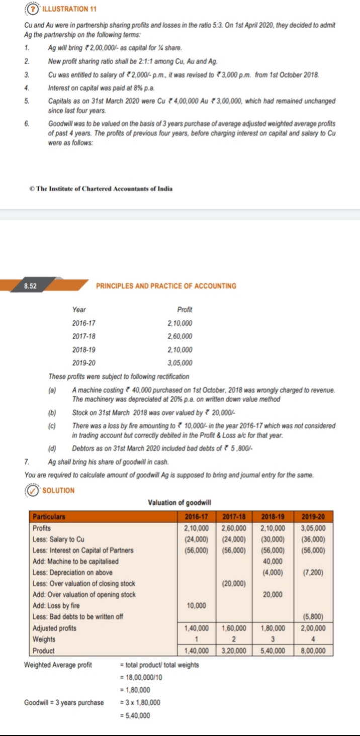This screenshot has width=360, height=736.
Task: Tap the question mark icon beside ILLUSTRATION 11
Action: [34, 10]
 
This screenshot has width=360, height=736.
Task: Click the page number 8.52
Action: [30, 286]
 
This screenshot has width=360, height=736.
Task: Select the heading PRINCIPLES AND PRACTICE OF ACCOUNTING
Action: [166, 286]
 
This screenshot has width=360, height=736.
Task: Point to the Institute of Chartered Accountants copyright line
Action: [101, 189]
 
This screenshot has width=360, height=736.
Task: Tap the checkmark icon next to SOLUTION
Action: [33, 490]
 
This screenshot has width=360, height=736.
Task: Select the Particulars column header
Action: [49, 516]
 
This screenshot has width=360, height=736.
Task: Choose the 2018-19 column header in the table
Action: [273, 516]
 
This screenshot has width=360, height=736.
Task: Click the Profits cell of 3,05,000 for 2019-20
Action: [313, 528]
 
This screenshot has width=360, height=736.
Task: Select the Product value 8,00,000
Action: [313, 651]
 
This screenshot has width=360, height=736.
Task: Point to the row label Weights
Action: [44, 639]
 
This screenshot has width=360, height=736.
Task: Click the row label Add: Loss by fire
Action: [56, 606]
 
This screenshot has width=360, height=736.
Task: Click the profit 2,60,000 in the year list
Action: [180, 336]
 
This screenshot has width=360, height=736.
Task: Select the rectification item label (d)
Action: [52, 447]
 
